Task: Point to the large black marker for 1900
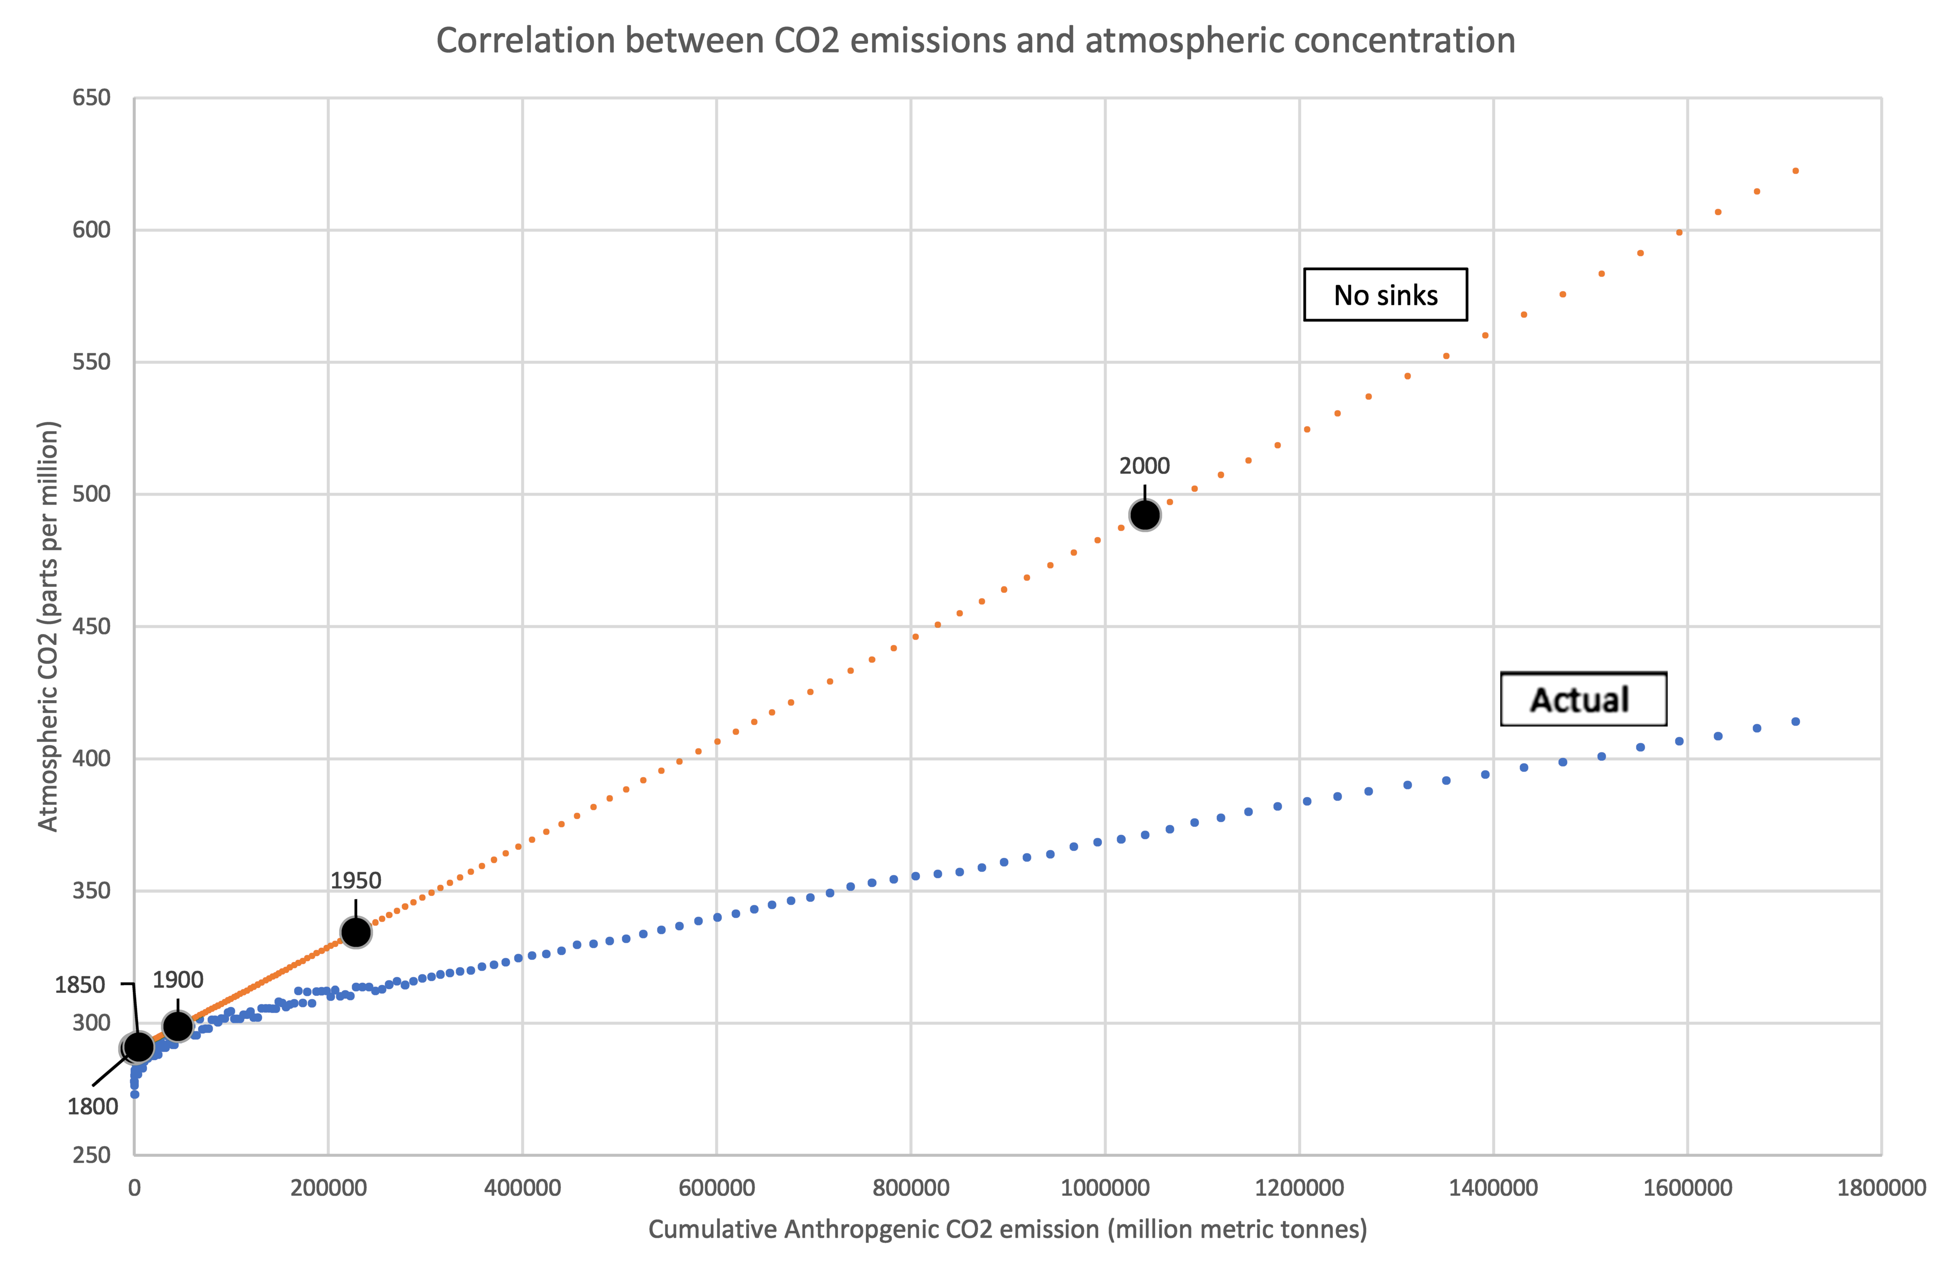(x=178, y=1026)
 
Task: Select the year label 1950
(x=355, y=881)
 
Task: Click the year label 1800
(x=93, y=1106)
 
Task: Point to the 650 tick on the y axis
(x=91, y=98)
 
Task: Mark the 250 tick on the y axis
(x=91, y=1155)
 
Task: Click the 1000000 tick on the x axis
(x=1104, y=1188)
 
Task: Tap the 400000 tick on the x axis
(x=522, y=1188)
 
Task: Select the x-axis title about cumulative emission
(x=1007, y=1229)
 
